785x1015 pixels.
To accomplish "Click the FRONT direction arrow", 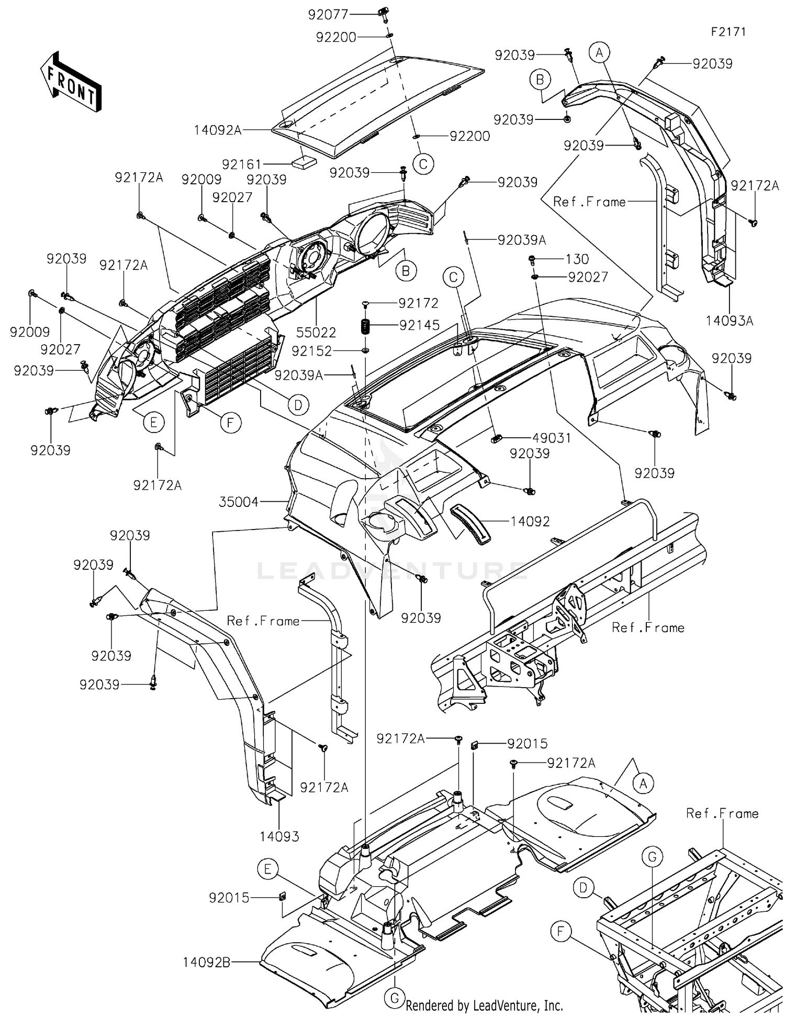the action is click(71, 82).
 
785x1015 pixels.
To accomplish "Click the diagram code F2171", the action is click(728, 31).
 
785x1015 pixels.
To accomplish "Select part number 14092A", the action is click(218, 130).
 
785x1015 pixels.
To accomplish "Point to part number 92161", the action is click(242, 164).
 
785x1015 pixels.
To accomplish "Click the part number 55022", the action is click(316, 332).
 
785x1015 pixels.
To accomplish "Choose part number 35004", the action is click(239, 502).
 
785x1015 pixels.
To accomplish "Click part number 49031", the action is click(552, 438).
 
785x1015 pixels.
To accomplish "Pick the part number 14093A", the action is click(729, 321).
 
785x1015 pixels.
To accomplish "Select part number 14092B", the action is click(207, 963).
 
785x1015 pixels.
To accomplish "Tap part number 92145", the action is click(419, 325).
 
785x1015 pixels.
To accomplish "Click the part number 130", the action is click(577, 259).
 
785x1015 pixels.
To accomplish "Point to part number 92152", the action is click(312, 351).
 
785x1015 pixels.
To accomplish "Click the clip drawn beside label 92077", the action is click(385, 15).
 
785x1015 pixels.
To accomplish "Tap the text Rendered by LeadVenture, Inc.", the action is click(485, 1005).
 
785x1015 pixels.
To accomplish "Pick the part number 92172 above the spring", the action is click(418, 303).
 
